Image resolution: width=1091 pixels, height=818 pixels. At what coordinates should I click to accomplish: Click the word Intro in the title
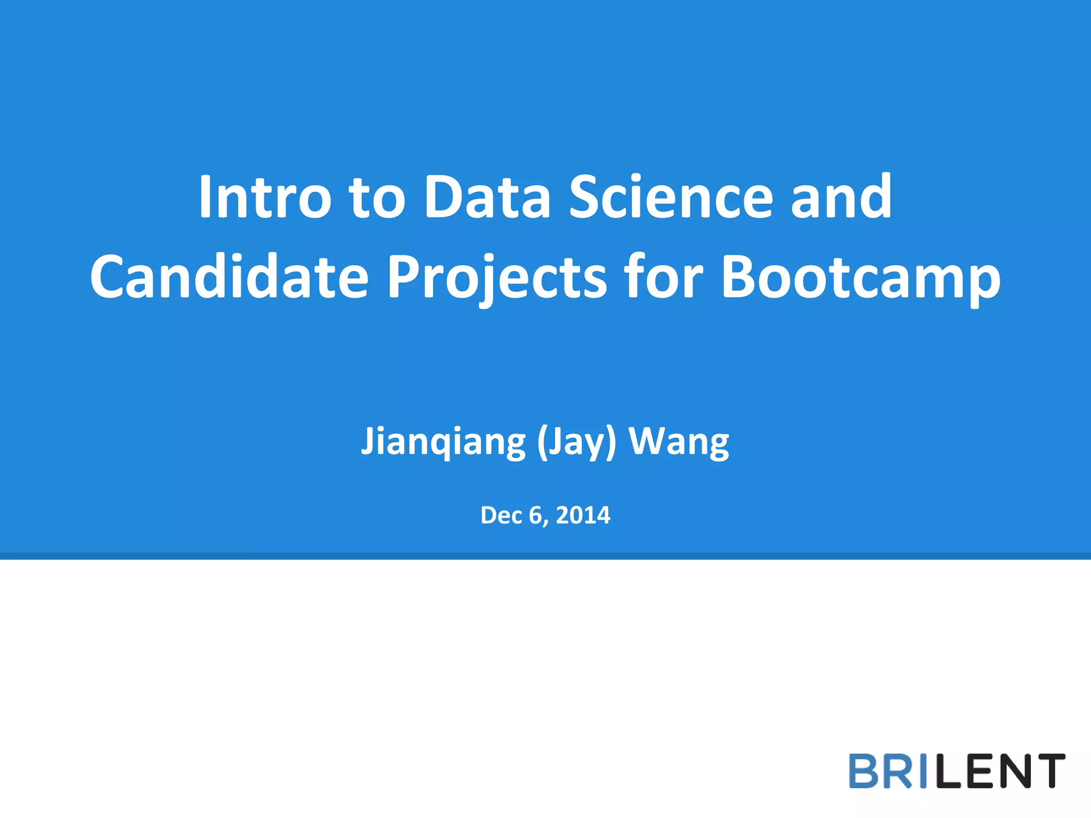click(x=265, y=197)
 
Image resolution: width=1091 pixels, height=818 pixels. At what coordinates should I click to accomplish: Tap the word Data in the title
click(x=487, y=197)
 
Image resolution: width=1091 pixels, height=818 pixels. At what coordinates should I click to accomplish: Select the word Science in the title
click(x=671, y=197)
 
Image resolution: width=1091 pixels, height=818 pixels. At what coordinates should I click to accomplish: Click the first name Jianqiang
click(x=443, y=441)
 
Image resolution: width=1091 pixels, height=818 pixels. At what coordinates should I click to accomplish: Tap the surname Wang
click(x=679, y=441)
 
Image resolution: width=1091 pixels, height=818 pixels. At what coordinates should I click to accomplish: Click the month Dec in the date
click(x=500, y=515)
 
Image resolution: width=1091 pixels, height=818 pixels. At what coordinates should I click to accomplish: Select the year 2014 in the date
click(x=583, y=515)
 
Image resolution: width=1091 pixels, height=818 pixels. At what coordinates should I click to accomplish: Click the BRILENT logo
click(x=957, y=771)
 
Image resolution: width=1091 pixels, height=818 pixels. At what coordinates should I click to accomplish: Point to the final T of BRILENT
click(x=1048, y=771)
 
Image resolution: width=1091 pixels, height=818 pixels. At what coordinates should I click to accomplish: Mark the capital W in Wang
click(x=648, y=441)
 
